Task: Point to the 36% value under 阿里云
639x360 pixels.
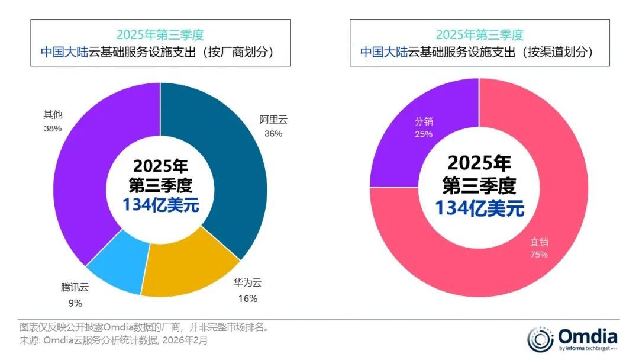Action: [273, 134]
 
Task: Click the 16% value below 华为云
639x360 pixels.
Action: [248, 298]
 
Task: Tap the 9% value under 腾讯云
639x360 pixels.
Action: [75, 303]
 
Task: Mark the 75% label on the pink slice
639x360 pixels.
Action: [539, 255]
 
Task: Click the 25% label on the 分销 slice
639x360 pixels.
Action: [424, 134]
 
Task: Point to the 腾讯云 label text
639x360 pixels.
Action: [75, 288]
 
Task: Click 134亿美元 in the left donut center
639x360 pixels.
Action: [161, 205]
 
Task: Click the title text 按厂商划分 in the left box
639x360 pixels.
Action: [239, 52]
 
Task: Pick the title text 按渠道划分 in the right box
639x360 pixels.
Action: [559, 52]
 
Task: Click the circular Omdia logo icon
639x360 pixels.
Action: [540, 339]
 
